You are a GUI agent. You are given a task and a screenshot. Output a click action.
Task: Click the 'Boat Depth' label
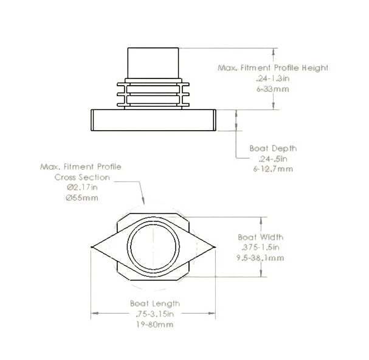click(x=273, y=148)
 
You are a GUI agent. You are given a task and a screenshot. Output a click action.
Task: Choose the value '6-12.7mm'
click(x=272, y=168)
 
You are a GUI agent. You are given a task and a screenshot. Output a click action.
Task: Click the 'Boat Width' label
click(x=260, y=238)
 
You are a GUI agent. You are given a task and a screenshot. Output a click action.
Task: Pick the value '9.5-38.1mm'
click(x=260, y=258)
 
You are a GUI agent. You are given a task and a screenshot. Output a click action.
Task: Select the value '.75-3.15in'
click(x=154, y=314)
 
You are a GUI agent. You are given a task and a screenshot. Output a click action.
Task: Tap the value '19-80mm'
click(x=154, y=324)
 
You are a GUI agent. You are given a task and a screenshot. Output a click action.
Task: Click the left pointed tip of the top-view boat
click(x=92, y=247)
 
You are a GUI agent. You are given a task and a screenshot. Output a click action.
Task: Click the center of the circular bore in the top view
click(x=154, y=247)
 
